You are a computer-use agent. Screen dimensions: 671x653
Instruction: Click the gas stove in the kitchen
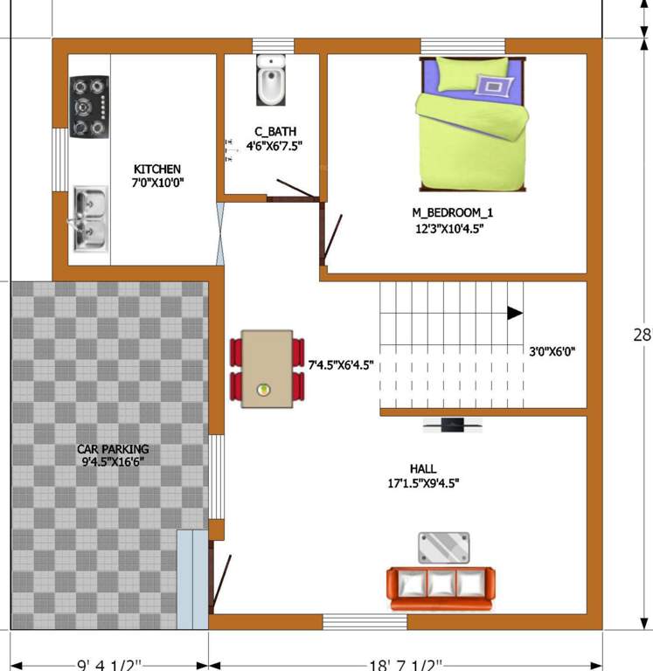[90, 107]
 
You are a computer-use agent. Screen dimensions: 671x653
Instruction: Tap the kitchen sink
[89, 218]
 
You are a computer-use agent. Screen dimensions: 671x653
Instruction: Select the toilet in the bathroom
[270, 80]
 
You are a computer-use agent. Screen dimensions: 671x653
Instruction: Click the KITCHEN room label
[157, 169]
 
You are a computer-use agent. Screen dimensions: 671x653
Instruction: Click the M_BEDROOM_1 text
[447, 212]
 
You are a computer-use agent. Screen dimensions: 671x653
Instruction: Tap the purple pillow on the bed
[494, 86]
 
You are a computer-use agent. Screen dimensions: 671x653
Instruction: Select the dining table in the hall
[267, 367]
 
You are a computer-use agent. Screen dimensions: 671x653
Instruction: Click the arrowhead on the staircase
[515, 312]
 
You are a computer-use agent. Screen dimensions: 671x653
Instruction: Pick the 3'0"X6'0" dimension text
[552, 352]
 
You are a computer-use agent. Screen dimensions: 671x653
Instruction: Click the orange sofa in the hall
[441, 588]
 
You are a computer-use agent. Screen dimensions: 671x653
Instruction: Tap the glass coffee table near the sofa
[445, 548]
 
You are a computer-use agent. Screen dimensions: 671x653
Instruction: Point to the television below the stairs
[452, 425]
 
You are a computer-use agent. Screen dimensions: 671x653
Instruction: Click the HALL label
[423, 468]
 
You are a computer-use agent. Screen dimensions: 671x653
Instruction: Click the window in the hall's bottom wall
[365, 621]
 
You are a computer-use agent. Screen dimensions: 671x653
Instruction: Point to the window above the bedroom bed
[462, 45]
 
